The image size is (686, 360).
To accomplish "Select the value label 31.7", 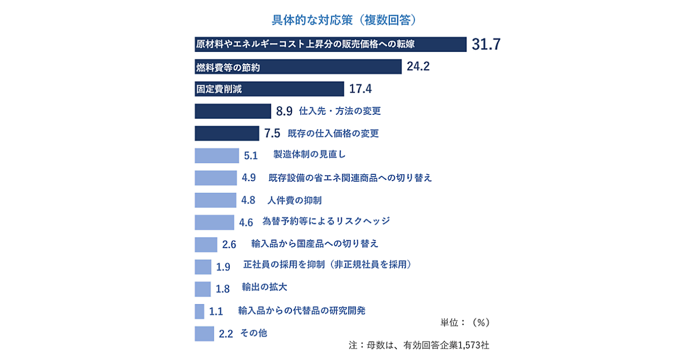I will pyautogui.click(x=486, y=45).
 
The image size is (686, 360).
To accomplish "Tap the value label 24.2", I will pyautogui.click(x=418, y=67).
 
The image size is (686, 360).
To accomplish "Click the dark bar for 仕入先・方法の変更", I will pyautogui.click(x=233, y=111).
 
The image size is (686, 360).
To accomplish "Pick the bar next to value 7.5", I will pyautogui.click(x=227, y=133).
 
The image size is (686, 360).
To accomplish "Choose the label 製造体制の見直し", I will pyautogui.click(x=309, y=155).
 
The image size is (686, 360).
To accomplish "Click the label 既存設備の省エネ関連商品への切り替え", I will pyautogui.click(x=350, y=178).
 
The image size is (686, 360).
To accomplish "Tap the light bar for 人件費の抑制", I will pyautogui.click(x=215, y=200).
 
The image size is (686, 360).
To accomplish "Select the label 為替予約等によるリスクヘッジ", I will pyautogui.click(x=326, y=221).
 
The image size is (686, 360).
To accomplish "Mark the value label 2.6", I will pyautogui.click(x=229, y=245).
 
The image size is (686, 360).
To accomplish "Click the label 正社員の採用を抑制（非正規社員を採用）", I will pyautogui.click(x=328, y=265).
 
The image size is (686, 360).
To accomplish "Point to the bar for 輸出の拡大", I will pyautogui.click(x=203, y=289).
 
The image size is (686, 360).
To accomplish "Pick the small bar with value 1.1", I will pyautogui.click(x=200, y=311).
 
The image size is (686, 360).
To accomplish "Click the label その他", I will pyautogui.click(x=254, y=333).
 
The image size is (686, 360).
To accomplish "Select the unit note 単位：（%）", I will pyautogui.click(x=465, y=322).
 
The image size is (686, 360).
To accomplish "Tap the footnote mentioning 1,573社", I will pyautogui.click(x=418, y=345).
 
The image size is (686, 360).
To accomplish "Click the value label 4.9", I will pyautogui.click(x=249, y=178).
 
